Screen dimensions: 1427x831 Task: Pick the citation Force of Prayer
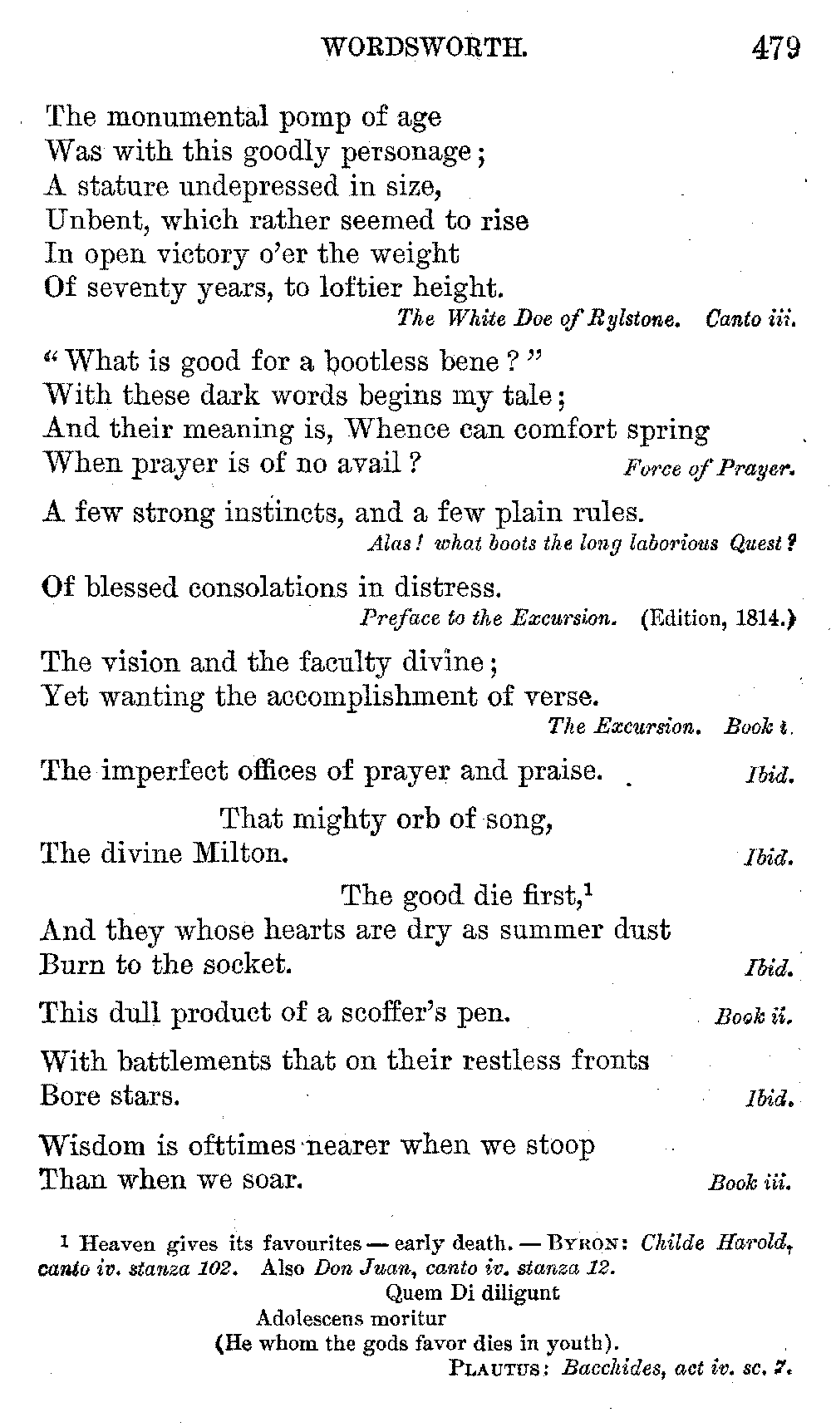[x=708, y=468]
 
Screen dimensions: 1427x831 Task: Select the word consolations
[x=270, y=588]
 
